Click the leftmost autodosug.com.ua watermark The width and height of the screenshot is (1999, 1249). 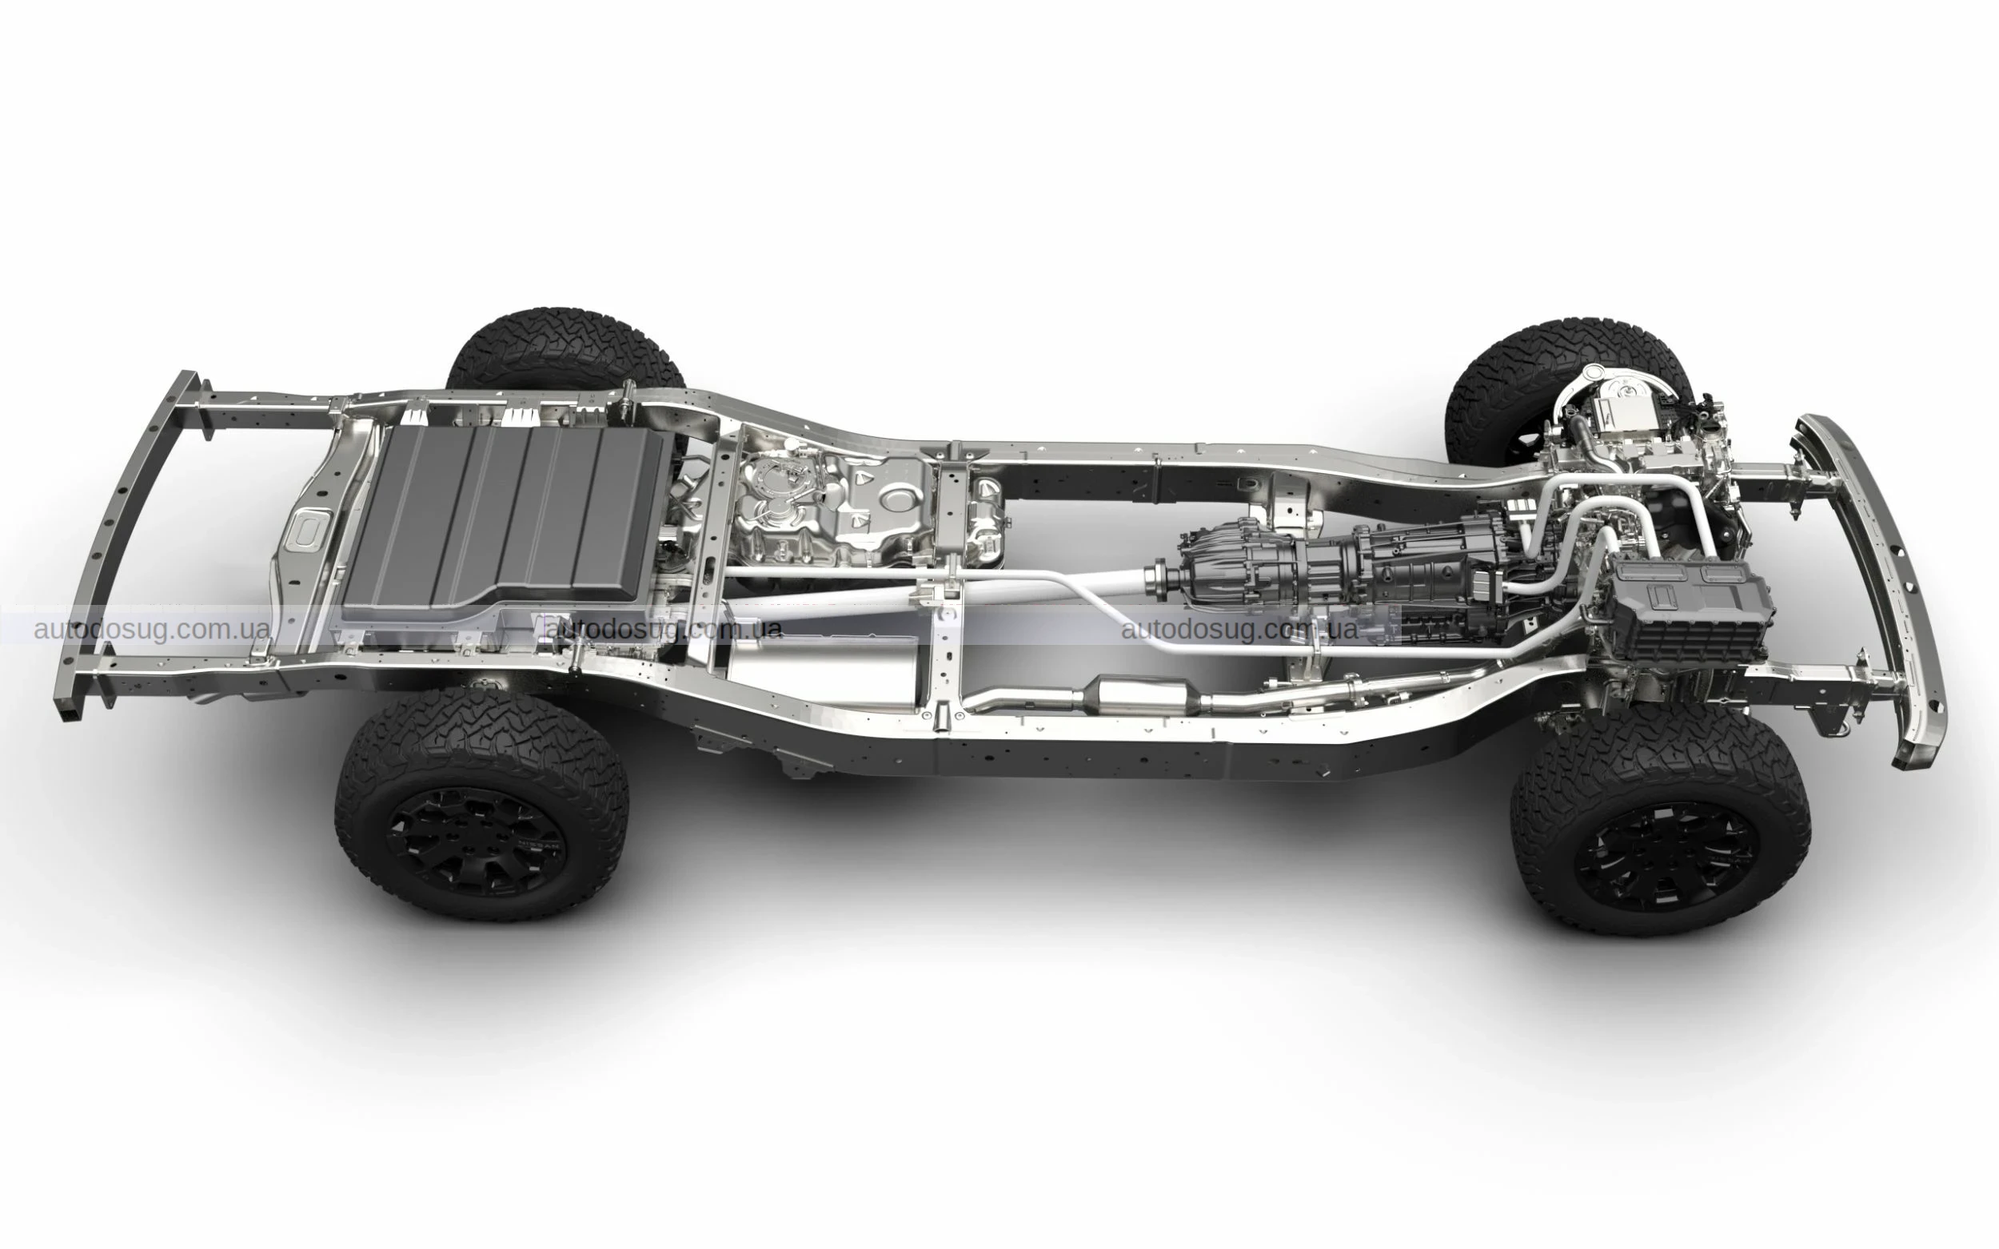(151, 630)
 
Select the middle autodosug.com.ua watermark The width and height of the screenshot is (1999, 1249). (664, 630)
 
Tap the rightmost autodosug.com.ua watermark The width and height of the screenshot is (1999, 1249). (1239, 630)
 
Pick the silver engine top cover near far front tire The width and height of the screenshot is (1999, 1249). (1620, 430)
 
